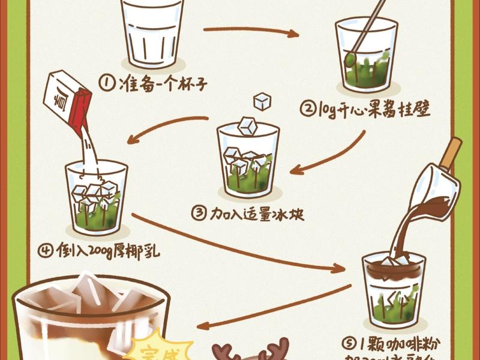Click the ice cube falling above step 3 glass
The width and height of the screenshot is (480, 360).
pyautogui.click(x=262, y=101)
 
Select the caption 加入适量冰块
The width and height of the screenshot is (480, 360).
pyautogui.click(x=257, y=213)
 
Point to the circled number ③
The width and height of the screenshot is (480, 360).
pyautogui.click(x=199, y=213)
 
